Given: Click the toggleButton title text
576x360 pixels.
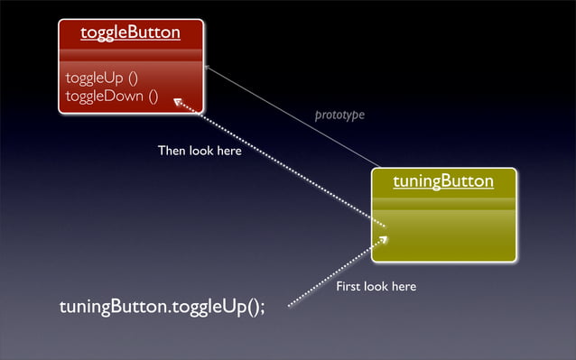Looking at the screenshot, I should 130,33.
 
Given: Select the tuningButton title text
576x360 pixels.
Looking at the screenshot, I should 443,181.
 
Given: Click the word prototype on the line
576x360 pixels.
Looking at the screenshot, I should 339,115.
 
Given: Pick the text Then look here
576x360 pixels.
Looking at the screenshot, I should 200,151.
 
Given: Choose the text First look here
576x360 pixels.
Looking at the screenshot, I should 376,286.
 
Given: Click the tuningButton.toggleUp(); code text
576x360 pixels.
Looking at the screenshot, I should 163,308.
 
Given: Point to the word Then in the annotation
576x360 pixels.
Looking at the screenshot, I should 172,151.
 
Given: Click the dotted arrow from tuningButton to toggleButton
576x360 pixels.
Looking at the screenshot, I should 280,162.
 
